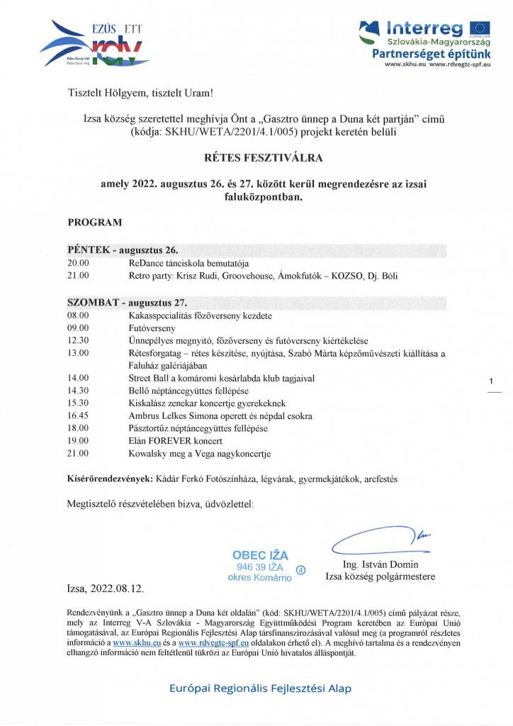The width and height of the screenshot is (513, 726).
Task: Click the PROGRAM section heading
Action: coord(94,222)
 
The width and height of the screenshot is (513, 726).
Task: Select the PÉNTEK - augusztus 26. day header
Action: coord(123,251)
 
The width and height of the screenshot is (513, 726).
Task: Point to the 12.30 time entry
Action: coord(78,340)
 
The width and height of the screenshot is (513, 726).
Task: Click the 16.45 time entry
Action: coord(78,416)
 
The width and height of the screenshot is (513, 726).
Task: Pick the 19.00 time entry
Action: coord(78,441)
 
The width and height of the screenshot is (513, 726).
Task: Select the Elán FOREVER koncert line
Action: coord(169,441)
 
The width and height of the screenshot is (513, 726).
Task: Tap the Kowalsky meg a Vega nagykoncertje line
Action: coord(199,454)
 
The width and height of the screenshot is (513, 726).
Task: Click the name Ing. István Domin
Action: coord(380,565)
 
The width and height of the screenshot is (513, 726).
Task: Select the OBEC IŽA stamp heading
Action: coord(260,556)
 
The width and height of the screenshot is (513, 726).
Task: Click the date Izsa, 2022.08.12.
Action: coord(107,588)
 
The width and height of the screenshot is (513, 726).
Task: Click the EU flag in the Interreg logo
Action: coord(480,28)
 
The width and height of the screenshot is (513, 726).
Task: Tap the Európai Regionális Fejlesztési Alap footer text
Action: coord(260,688)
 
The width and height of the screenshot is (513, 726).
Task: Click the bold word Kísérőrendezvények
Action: coord(110,479)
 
